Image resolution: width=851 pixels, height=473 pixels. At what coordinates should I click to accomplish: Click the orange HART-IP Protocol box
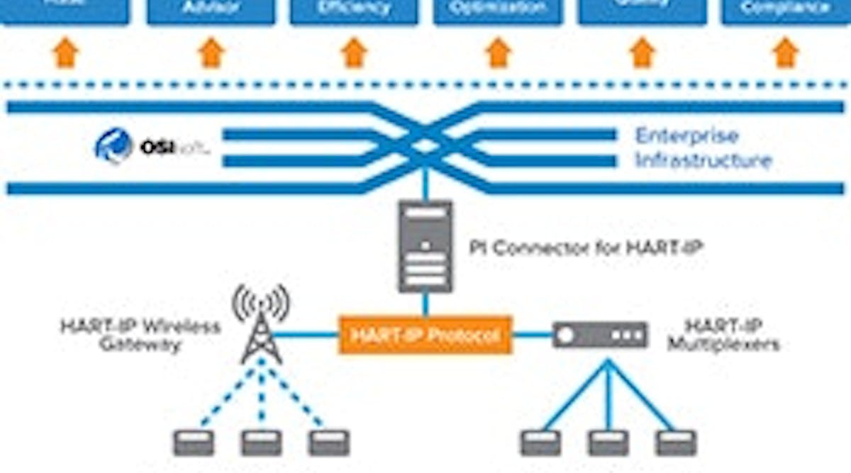coord(425,334)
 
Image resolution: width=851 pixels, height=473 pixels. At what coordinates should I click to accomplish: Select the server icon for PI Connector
coord(425,246)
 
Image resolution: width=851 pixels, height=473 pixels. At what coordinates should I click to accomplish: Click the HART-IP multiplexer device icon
coord(600,335)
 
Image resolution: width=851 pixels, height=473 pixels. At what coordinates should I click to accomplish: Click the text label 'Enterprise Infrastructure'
coord(702,148)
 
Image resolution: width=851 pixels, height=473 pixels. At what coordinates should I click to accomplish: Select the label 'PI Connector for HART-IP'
coord(586,248)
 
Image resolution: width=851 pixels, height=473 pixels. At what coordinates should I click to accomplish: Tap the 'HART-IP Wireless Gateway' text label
coord(140,335)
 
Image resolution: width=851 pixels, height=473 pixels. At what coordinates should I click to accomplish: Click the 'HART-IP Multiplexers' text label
coord(723,335)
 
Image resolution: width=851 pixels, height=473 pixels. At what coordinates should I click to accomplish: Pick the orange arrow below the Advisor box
coord(211,53)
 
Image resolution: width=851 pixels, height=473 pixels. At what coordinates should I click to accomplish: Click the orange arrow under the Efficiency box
coord(354,53)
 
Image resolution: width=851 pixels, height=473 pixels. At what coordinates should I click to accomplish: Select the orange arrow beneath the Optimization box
coord(498,53)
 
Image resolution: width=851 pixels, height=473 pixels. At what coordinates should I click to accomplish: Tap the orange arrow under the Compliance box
coord(785,53)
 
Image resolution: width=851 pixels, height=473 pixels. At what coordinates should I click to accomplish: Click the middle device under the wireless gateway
coord(261,443)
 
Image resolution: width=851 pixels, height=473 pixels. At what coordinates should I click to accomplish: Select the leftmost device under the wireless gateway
coord(194,443)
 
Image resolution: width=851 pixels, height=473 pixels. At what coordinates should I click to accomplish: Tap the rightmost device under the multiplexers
coord(676,443)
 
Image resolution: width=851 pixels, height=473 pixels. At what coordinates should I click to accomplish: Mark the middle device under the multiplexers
coord(608,443)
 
